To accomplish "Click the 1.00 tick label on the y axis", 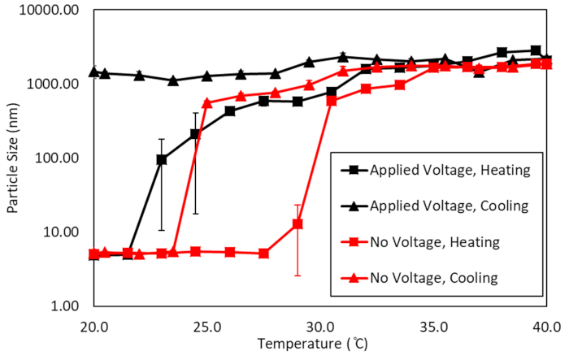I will coord(64,306).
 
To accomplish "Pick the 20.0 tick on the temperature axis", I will coord(94,326).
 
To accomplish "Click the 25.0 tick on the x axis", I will coord(207,326).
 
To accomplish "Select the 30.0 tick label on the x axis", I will coord(320,326).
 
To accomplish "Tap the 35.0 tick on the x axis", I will coord(433,326).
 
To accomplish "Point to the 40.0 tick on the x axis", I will coord(546,326).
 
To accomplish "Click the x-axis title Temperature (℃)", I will coord(320,345).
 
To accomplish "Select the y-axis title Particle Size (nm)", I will coord(14,158).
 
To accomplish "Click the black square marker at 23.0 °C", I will coord(162,159).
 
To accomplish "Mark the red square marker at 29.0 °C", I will coord(298,224).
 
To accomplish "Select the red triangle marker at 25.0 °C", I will coord(207,103).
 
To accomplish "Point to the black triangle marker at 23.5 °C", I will coord(173,80).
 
